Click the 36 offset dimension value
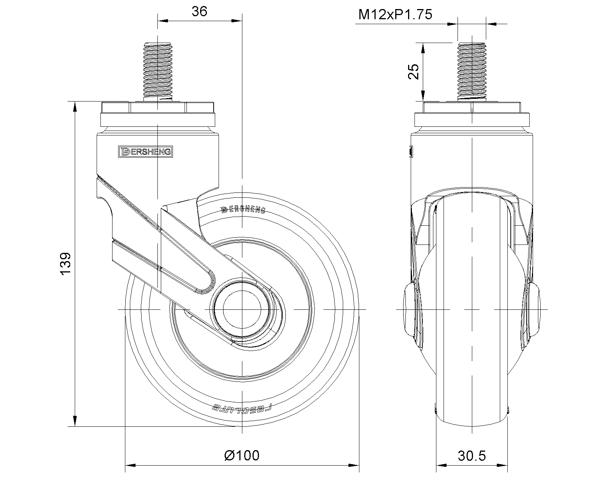click(x=199, y=11)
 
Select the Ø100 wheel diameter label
click(x=242, y=455)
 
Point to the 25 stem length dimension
click(x=414, y=72)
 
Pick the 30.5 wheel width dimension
click(x=472, y=456)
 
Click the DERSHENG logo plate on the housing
click(x=145, y=152)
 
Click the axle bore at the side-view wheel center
click(x=241, y=309)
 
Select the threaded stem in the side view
click(x=157, y=71)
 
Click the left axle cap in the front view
click(x=409, y=309)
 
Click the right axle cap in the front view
click(x=535, y=309)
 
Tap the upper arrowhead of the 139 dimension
click(x=75, y=106)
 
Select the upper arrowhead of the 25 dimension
click(x=423, y=48)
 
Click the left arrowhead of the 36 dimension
click(x=162, y=21)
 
